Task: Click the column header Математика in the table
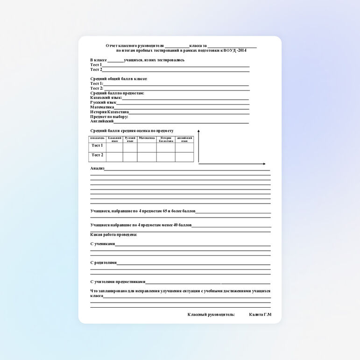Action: click(147, 138)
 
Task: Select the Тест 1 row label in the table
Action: click(97, 146)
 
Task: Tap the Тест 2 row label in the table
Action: click(97, 155)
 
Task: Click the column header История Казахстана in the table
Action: click(166, 139)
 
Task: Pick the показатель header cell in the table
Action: click(97, 138)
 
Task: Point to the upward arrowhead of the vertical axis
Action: click(198, 131)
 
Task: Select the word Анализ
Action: click(97, 168)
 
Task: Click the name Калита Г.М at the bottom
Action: click(260, 315)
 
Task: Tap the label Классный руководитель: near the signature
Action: click(211, 315)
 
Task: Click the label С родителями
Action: click(103, 263)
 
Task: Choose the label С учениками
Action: click(102, 244)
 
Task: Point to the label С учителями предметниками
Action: click(118, 282)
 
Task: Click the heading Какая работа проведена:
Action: click(113, 234)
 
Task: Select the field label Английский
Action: click(102, 121)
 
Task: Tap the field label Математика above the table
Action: click(102, 107)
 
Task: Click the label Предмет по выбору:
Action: click(109, 116)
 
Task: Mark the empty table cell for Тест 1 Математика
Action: click(147, 147)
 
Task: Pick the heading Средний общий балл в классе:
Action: click(119, 79)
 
